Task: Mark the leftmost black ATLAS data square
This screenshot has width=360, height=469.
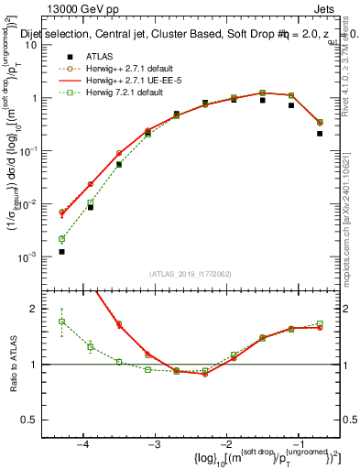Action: coord(61,251)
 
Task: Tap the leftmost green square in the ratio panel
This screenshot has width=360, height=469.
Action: coord(61,322)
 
